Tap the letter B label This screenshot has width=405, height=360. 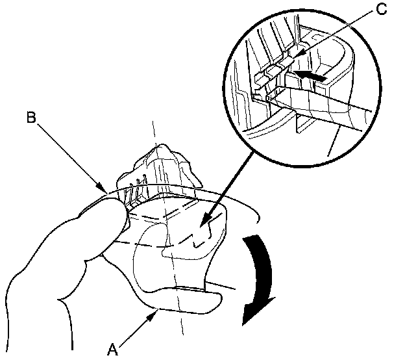pyautogui.click(x=31, y=118)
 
